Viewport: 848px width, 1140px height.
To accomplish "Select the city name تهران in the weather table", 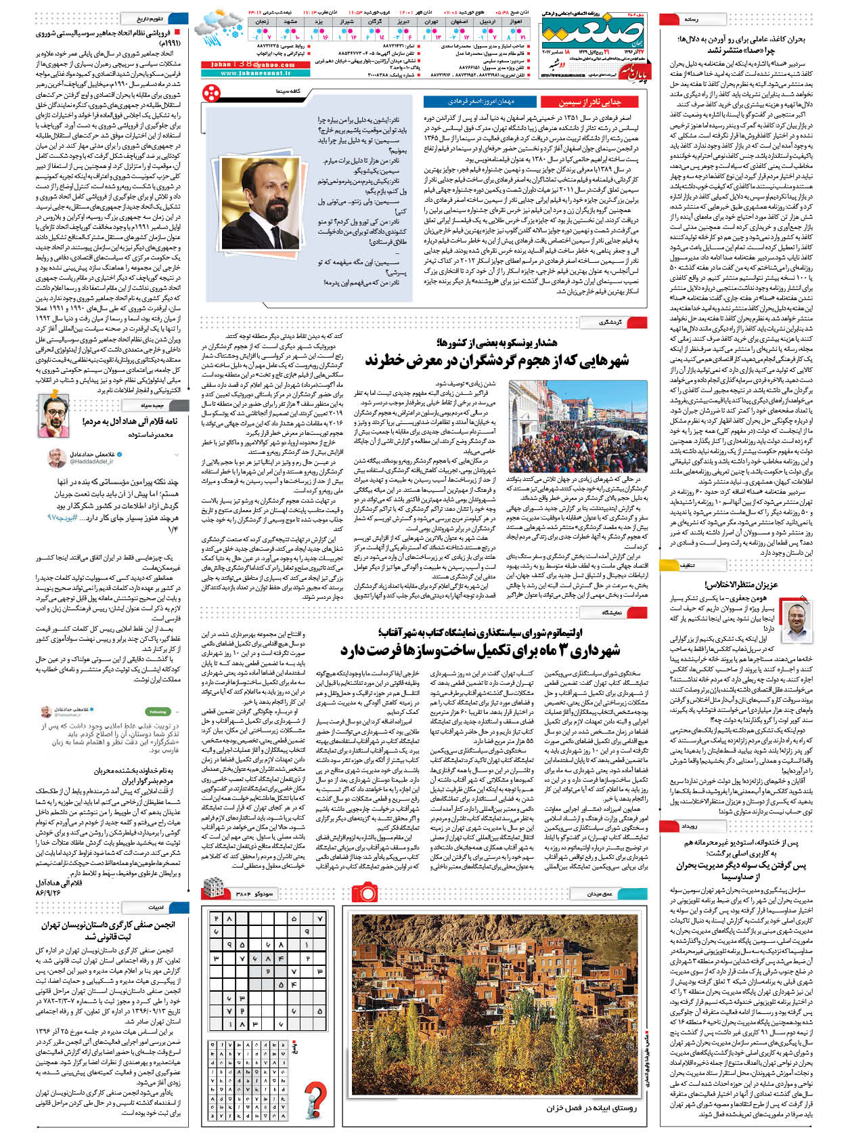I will tap(430, 22).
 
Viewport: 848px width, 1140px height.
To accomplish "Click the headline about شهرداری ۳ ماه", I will tap(481, 651).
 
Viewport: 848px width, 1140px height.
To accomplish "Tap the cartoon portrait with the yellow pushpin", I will tap(55, 407).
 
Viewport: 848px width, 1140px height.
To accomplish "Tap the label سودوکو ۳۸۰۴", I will tap(255, 894).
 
